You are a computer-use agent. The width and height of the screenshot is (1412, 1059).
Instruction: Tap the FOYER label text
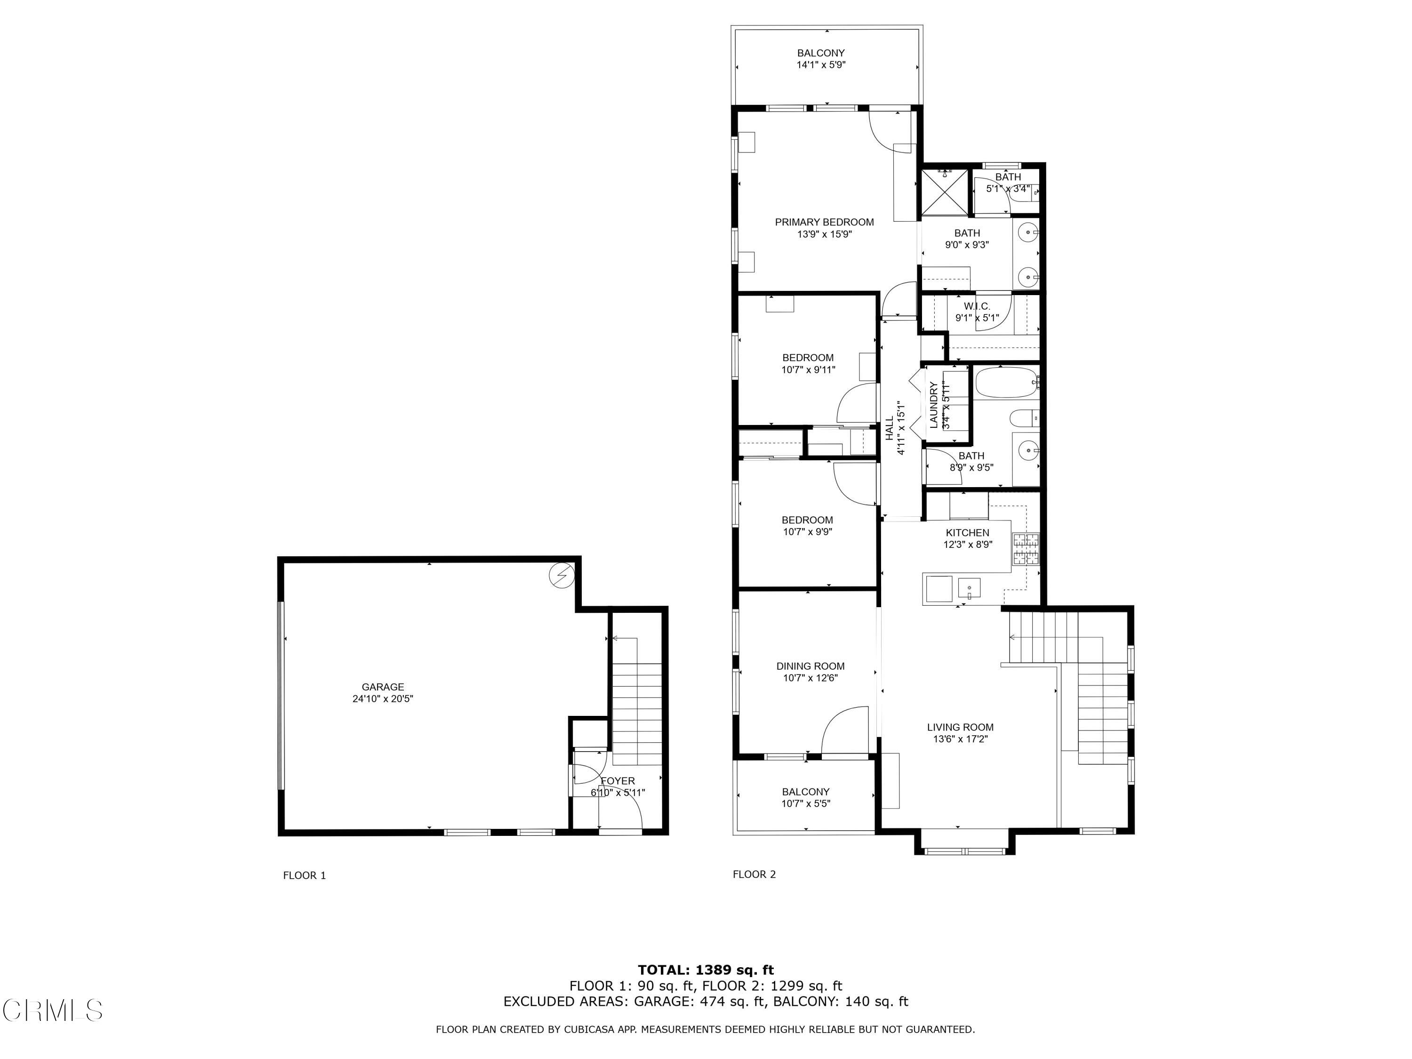click(617, 781)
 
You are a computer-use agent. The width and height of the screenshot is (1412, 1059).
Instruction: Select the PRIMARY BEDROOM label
click(824, 222)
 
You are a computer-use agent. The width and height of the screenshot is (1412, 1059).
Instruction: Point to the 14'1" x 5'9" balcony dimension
click(820, 65)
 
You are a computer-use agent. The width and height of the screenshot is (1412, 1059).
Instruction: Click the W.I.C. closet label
click(977, 306)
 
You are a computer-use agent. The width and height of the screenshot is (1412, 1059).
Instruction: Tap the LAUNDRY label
click(933, 405)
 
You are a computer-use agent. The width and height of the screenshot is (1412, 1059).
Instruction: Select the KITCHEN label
click(967, 532)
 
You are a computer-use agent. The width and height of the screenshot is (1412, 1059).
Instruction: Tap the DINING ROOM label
click(810, 666)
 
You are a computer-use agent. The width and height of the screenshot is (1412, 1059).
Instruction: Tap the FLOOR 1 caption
click(305, 875)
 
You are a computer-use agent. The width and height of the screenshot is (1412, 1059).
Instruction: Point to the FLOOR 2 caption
click(754, 874)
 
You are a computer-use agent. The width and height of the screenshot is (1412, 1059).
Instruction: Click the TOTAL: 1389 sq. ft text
click(706, 970)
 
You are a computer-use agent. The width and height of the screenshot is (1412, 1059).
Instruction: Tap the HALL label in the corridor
click(889, 428)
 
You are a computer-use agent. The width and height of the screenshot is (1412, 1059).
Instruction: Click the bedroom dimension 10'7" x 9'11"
click(808, 369)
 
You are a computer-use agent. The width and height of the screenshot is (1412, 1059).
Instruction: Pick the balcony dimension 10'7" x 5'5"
click(806, 804)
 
